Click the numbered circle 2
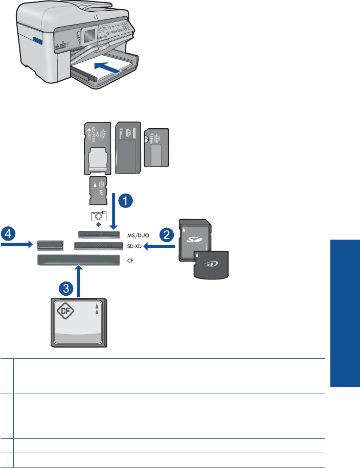165,236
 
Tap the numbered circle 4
7,235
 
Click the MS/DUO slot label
138,235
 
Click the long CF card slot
76,261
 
